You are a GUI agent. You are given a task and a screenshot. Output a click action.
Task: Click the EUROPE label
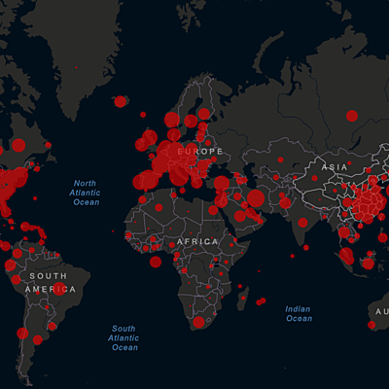click(200, 152)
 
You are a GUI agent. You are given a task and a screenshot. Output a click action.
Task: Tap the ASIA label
click(336, 167)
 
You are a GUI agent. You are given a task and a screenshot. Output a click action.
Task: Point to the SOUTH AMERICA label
click(46, 283)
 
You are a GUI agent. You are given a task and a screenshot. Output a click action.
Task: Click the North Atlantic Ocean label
click(87, 193)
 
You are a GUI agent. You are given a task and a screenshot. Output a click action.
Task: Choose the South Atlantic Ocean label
click(124, 337)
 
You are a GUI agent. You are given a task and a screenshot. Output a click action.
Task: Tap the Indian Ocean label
click(299, 313)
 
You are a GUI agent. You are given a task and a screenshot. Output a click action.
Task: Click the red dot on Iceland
click(120, 101)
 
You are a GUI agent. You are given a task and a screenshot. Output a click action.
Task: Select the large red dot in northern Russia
click(351, 116)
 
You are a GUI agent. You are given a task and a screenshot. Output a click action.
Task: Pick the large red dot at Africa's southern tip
click(198, 322)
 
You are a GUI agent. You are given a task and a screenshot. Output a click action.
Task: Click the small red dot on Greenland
click(76, 66)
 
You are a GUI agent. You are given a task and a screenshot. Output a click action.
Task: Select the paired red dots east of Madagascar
click(261, 301)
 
